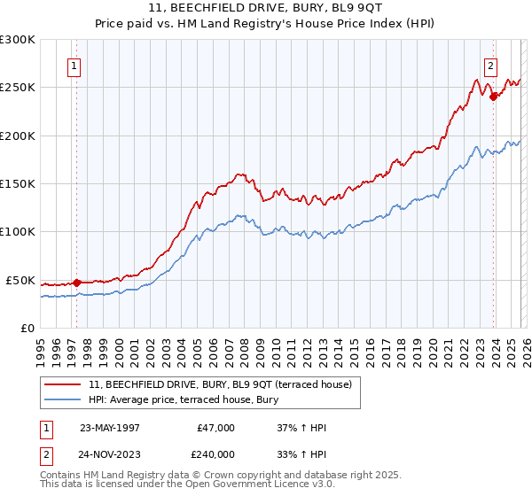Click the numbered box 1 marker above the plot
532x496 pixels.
[74, 65]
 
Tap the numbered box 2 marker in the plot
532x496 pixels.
[490, 65]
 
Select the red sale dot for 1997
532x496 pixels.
[77, 283]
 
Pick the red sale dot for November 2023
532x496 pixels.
[493, 97]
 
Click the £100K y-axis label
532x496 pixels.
[18, 232]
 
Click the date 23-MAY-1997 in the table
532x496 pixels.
[110, 428]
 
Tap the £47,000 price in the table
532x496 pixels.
[215, 428]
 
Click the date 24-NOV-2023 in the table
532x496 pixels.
[111, 454]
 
